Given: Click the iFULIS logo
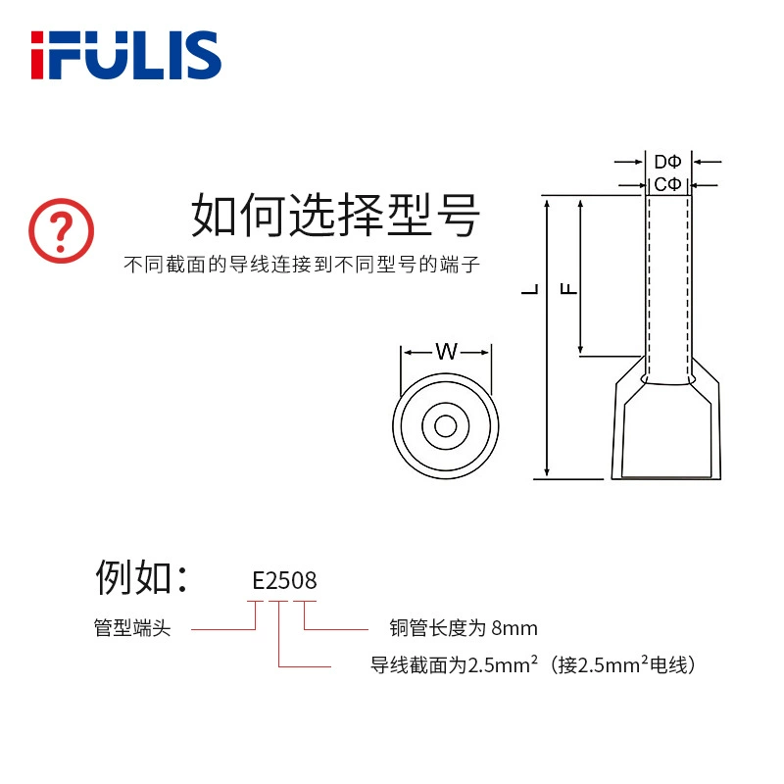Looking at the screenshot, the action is point(126,55).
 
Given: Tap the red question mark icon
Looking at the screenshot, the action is point(61,230).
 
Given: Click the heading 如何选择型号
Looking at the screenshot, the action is point(335,215).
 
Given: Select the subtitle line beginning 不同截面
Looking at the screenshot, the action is point(302,265).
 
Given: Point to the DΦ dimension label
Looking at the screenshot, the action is point(667,162).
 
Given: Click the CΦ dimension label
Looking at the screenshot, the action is point(667,184).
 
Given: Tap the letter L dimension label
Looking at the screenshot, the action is point(530,289).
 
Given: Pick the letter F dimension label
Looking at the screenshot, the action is point(568,288).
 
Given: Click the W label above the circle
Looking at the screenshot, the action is point(447,352).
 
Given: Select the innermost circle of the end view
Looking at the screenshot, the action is point(446,416).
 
